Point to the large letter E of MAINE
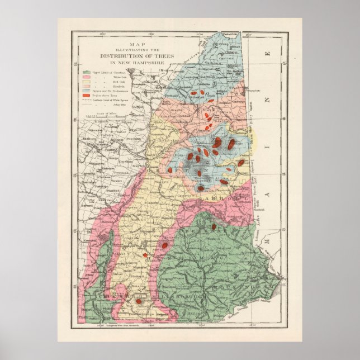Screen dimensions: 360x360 click(268, 55)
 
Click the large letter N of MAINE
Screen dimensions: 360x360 click(268, 100)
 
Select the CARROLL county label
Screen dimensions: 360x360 click(224, 197)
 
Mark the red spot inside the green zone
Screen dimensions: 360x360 click(214, 226)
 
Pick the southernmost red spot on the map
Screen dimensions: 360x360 click(138, 301)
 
